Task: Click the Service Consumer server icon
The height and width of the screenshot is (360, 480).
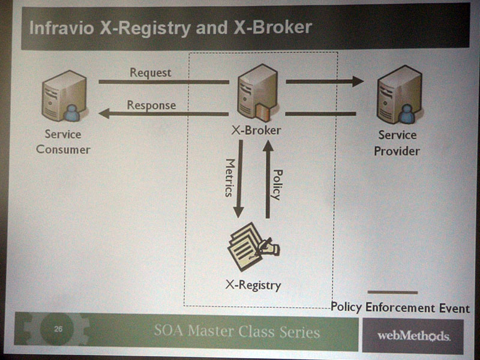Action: tap(65, 96)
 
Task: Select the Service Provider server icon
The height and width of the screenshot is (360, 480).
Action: tap(400, 96)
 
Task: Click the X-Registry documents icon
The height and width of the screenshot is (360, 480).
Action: tap(253, 247)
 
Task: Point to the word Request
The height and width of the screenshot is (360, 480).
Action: tap(151, 73)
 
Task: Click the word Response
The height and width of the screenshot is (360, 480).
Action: tap(151, 106)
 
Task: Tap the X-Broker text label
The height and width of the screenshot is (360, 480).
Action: tap(256, 130)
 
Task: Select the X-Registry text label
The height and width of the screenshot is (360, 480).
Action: tap(253, 286)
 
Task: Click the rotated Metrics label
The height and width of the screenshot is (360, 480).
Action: tap(230, 178)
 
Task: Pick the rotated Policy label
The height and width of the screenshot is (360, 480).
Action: tap(277, 185)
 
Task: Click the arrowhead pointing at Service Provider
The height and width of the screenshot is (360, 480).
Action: tap(358, 82)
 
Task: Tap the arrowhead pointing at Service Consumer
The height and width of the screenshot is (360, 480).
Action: tap(104, 113)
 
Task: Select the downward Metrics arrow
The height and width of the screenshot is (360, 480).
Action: tap(239, 179)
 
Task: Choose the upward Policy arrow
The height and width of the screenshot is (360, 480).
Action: tap(268, 179)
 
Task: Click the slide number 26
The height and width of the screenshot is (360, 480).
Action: tap(58, 329)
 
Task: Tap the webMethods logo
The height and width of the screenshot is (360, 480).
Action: tap(413, 336)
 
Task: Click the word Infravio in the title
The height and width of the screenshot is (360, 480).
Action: tap(62, 28)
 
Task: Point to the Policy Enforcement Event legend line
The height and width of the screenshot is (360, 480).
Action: tap(392, 293)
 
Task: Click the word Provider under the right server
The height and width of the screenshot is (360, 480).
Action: tap(397, 151)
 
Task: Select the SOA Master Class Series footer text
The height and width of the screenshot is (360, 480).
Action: tap(237, 332)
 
